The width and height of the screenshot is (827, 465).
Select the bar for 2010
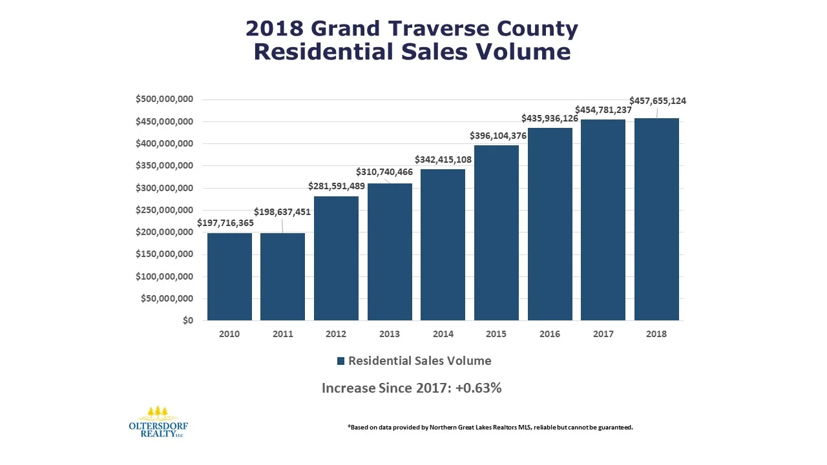(x=229, y=276)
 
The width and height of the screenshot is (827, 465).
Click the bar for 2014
(x=443, y=245)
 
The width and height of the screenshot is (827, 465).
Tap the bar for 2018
(x=656, y=219)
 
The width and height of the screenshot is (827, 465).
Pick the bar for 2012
(x=336, y=258)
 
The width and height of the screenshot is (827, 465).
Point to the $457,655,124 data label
(x=658, y=101)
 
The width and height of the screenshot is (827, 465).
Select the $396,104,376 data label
(x=497, y=136)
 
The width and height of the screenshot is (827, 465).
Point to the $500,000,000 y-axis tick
(x=164, y=99)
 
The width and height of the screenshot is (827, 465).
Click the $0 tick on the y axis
(x=187, y=321)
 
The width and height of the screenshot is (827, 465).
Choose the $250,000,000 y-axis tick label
(x=164, y=211)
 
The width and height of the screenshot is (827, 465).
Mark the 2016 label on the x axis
(x=550, y=335)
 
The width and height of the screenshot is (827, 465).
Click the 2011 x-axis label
(x=283, y=335)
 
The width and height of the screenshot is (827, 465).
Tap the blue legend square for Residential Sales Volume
(x=341, y=362)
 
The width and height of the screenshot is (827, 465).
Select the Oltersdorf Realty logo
(x=158, y=422)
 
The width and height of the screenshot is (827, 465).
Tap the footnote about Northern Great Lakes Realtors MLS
(x=490, y=427)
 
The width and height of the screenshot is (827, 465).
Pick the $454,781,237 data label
(x=603, y=110)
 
